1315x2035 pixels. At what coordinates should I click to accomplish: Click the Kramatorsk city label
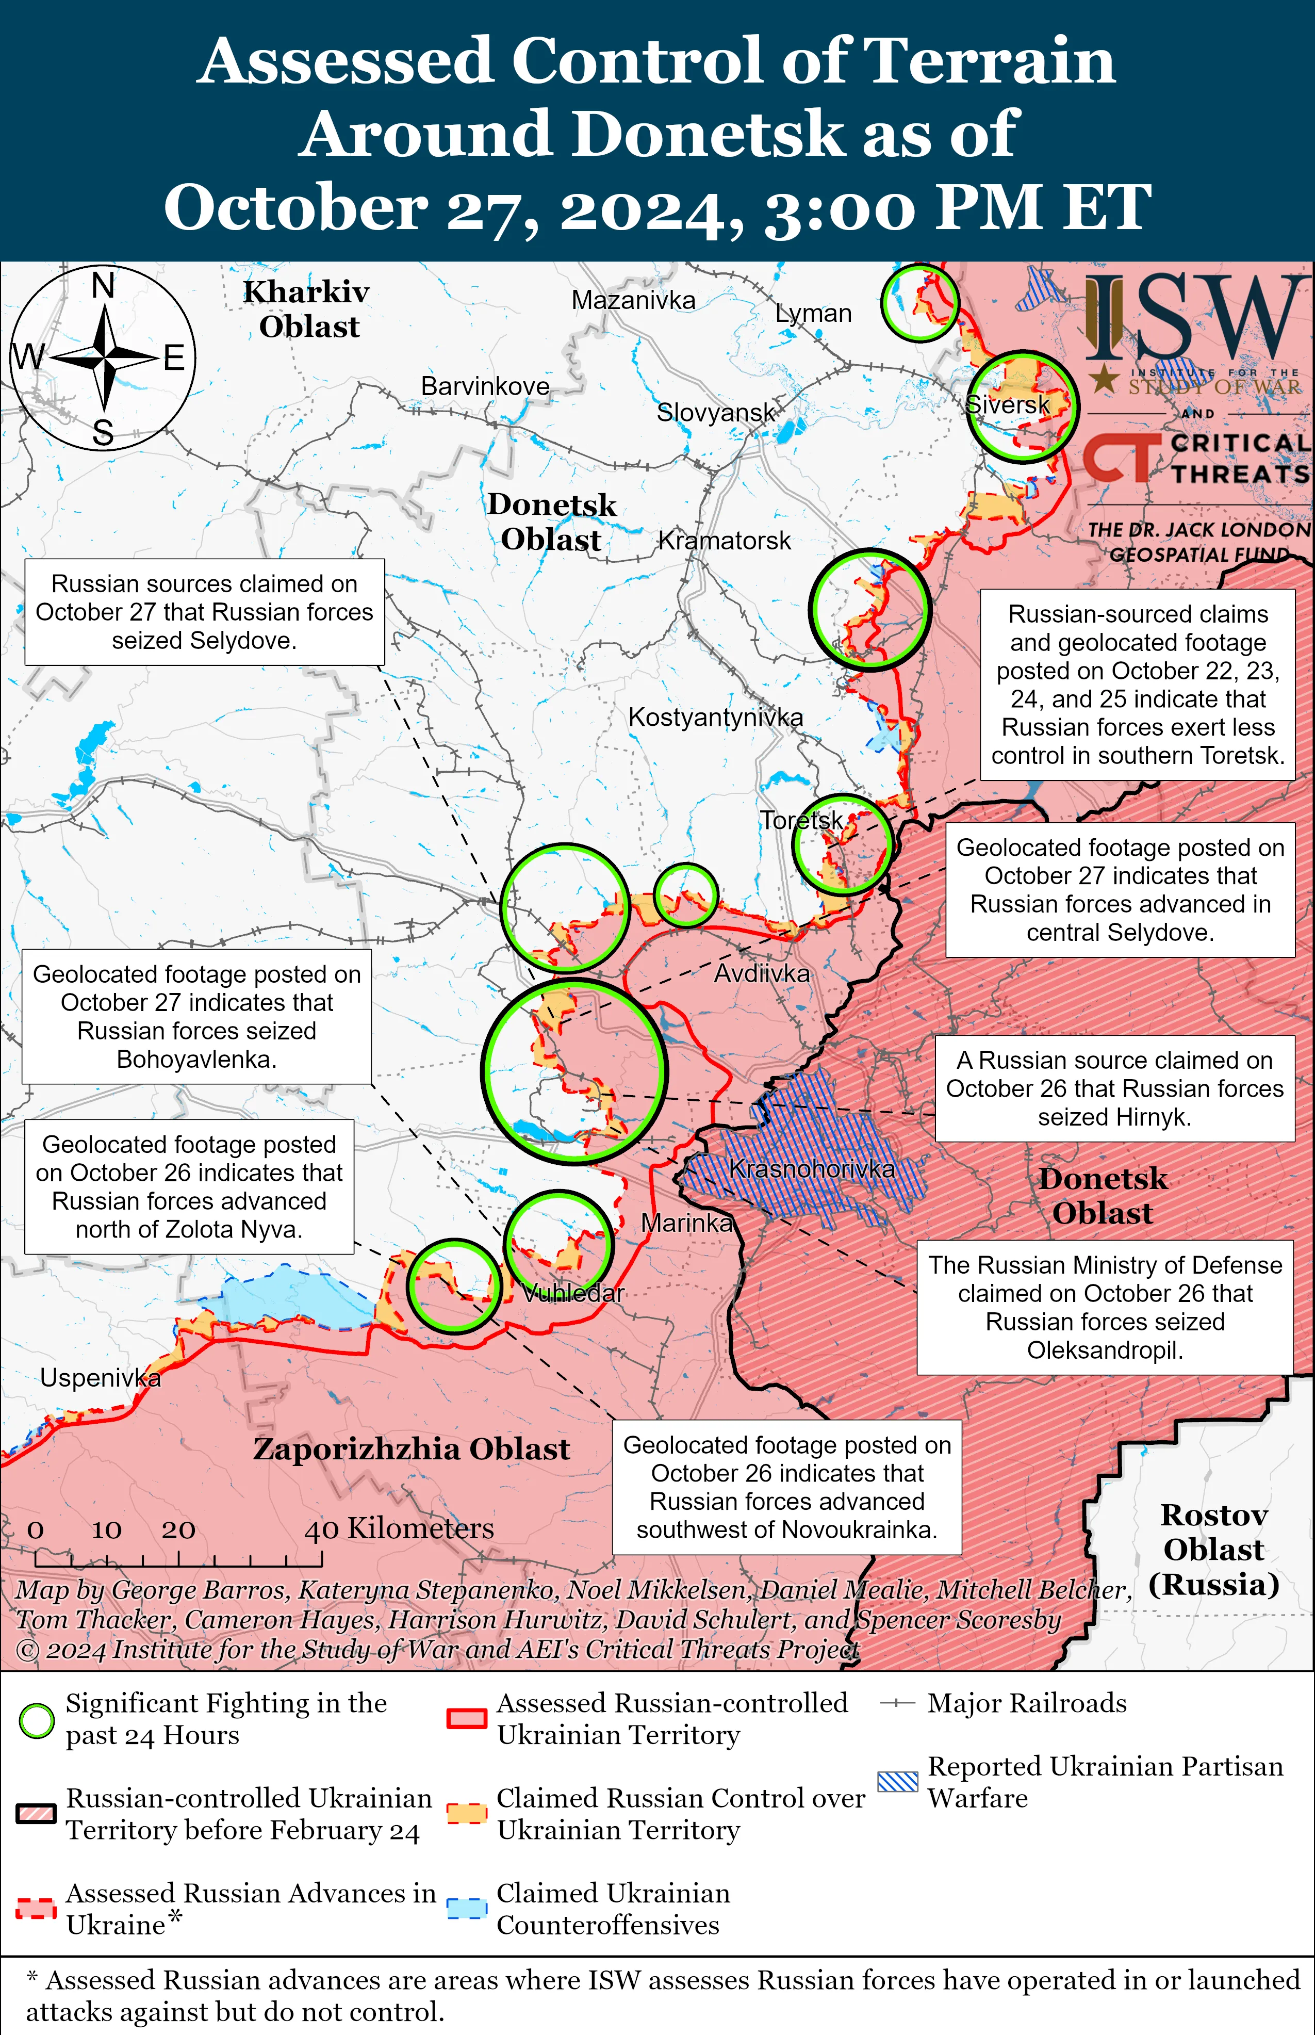click(724, 541)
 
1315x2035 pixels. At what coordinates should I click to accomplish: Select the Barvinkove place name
click(485, 386)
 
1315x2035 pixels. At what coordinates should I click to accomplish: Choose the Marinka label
click(686, 1223)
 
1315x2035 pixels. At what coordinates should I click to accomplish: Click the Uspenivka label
click(100, 1377)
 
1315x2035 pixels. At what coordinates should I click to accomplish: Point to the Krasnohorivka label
click(811, 1169)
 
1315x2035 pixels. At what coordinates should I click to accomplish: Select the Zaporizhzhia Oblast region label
click(410, 1449)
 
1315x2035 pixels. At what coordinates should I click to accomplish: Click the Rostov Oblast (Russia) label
click(1213, 1550)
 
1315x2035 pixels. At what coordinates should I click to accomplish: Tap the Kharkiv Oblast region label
click(307, 309)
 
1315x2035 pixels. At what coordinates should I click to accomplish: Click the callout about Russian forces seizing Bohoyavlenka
click(196, 1016)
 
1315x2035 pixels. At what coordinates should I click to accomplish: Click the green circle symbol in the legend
click(37, 1720)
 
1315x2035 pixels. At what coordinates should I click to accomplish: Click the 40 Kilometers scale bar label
click(399, 1528)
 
